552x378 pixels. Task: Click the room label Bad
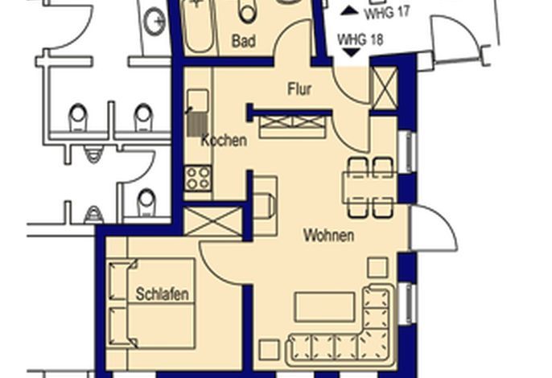tap(243, 41)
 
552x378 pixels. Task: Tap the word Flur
tap(299, 89)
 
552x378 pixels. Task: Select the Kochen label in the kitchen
tap(224, 141)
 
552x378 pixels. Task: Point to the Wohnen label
tap(329, 235)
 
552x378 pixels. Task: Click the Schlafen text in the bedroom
tap(163, 294)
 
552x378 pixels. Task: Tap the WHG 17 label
tap(387, 13)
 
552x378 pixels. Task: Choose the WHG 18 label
tap(360, 39)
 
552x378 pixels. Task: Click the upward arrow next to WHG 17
tap(349, 10)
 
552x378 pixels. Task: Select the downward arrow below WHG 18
tap(352, 53)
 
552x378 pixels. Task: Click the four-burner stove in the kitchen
tap(198, 179)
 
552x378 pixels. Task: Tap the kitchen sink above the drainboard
tap(197, 100)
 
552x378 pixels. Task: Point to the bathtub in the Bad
tap(198, 27)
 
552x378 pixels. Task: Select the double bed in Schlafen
tap(151, 303)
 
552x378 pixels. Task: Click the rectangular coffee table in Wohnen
tap(324, 307)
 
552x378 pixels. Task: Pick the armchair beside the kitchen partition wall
tap(265, 206)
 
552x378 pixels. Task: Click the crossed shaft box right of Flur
tap(384, 88)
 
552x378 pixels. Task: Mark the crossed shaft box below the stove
tap(213, 221)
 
